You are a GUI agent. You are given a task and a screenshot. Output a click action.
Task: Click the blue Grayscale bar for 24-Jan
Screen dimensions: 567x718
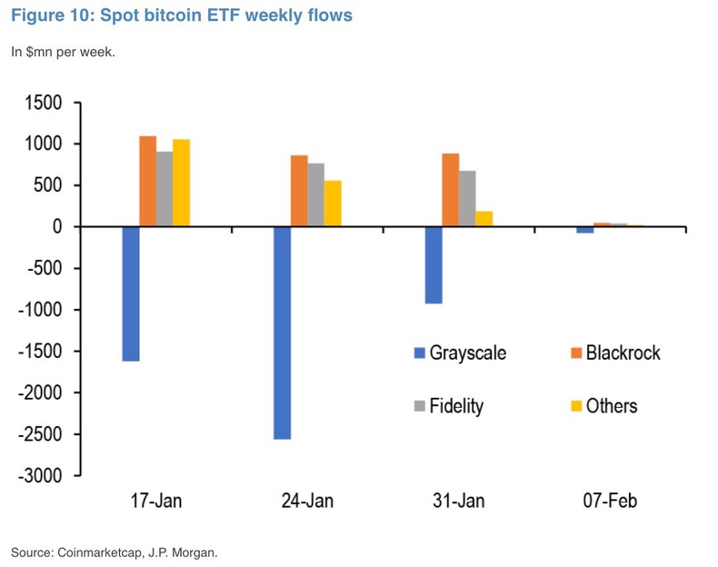click(283, 333)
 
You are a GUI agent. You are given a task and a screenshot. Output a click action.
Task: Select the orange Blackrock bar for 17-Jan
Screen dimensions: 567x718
click(147, 181)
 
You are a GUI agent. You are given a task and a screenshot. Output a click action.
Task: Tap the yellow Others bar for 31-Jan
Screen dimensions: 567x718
click(484, 219)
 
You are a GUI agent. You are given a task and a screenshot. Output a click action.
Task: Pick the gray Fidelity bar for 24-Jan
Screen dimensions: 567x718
click(316, 194)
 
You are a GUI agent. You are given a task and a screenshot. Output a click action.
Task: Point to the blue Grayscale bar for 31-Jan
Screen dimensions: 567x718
click(434, 264)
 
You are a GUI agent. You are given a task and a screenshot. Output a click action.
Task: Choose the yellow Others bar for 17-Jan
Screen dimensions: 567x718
click(181, 183)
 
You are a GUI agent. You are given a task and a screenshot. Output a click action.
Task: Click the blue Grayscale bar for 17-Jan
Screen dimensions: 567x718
click(131, 293)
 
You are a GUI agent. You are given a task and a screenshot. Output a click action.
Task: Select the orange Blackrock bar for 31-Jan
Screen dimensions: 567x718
click(451, 190)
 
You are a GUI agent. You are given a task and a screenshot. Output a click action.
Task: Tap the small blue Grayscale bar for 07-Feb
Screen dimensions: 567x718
click(585, 230)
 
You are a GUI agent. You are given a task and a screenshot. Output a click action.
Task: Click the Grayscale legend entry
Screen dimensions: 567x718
click(459, 353)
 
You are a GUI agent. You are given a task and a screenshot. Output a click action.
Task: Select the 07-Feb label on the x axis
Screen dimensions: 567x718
click(610, 502)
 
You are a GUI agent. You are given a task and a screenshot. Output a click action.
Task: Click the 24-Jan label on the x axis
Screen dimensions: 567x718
click(307, 502)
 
